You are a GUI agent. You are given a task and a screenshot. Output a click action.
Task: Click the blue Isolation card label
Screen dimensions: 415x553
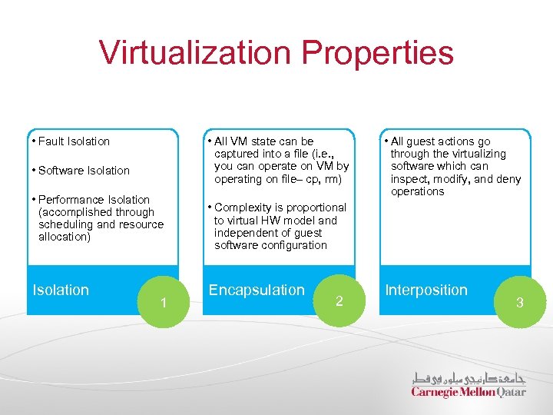[61, 290]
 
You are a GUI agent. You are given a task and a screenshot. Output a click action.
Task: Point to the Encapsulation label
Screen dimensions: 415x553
[257, 290]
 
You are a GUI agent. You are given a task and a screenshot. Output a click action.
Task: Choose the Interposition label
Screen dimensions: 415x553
[426, 290]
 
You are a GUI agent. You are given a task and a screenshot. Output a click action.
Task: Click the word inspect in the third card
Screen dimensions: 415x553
[409, 179]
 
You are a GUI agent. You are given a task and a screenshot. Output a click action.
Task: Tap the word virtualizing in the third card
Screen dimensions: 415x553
[475, 154]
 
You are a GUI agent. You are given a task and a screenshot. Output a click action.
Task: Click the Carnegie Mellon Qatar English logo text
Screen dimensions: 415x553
[469, 392]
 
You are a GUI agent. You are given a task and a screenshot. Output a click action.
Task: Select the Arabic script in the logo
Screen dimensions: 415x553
[469, 378]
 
